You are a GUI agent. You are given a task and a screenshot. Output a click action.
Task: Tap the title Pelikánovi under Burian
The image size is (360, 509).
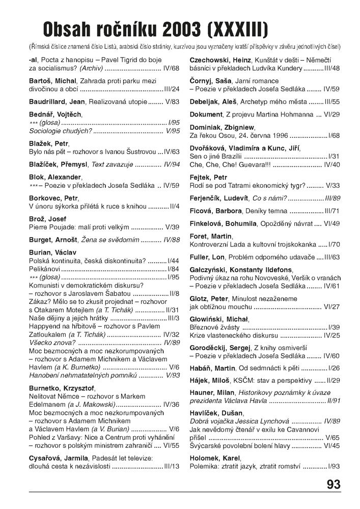(x=45, y=268)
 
